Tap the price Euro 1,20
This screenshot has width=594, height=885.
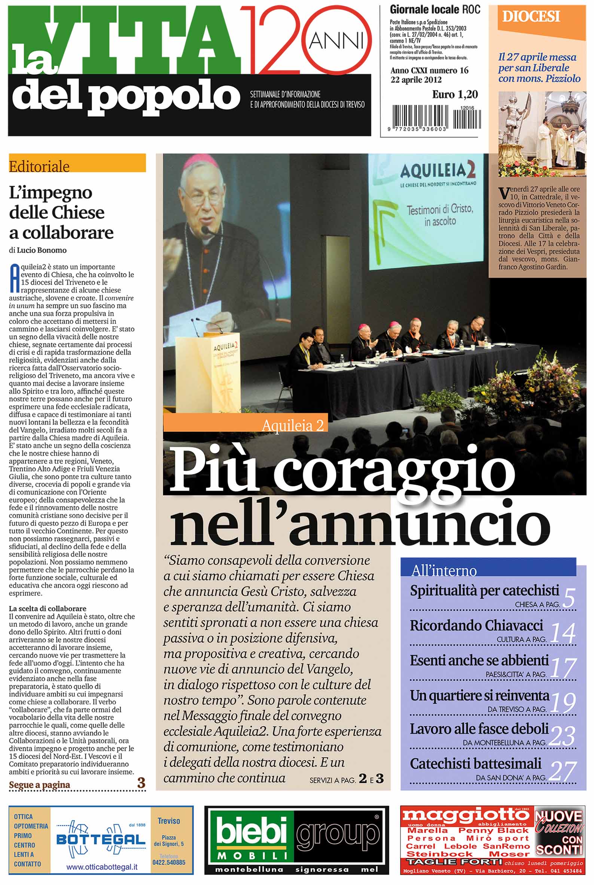pyautogui.click(x=455, y=94)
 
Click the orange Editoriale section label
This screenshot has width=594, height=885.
pyautogui.click(x=77, y=166)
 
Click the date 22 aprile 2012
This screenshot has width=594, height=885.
pyautogui.click(x=416, y=80)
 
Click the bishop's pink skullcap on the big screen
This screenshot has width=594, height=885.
pyautogui.click(x=200, y=162)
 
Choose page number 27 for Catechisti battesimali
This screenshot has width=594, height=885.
pyautogui.click(x=563, y=770)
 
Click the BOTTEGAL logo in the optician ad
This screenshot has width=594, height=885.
pyautogui.click(x=101, y=840)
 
